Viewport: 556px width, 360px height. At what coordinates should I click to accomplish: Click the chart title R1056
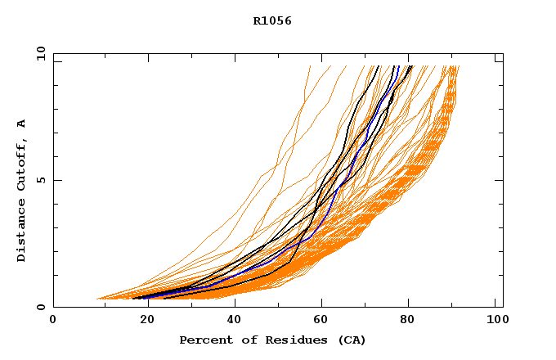272,21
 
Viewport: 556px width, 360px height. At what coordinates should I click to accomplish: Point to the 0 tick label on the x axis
53,321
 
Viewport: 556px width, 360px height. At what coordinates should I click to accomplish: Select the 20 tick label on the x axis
142,321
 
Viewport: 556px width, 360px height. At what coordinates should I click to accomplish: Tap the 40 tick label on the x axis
231,321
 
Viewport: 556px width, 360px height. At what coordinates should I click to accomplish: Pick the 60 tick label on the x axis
320,321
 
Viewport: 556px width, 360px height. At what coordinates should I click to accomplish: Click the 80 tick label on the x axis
408,321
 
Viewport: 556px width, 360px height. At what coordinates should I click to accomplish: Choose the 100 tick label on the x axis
496,321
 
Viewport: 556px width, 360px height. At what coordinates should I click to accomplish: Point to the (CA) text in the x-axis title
347,340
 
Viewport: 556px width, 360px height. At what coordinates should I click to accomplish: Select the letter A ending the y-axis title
21,124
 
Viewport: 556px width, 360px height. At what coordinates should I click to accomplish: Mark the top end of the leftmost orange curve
311,66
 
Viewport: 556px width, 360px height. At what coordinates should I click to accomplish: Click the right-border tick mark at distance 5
499,180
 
